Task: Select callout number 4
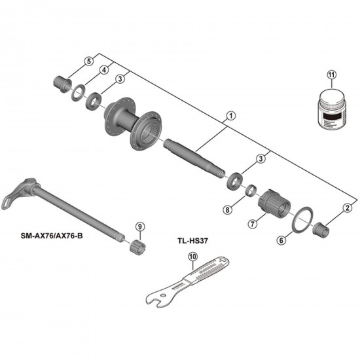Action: tap(103, 71)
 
